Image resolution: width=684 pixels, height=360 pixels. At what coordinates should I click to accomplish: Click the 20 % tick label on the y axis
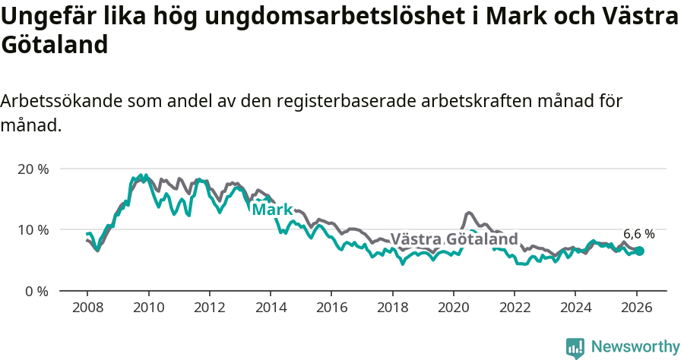pos(33,169)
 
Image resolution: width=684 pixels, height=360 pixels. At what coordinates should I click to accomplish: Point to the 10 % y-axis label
pos(33,230)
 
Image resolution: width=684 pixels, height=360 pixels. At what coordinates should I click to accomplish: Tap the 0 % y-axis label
pos(36,291)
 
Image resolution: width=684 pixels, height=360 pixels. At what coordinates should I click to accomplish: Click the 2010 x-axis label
pos(148,308)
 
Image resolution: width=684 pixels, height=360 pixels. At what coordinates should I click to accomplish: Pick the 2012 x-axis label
pos(209,308)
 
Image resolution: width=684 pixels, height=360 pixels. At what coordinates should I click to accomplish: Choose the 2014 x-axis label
pos(270,308)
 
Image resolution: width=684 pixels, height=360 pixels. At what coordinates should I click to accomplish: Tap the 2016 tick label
pos(331,308)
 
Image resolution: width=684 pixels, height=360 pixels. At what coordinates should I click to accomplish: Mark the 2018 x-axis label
pos(392,308)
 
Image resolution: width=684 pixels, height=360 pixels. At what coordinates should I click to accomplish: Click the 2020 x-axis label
pos(453,308)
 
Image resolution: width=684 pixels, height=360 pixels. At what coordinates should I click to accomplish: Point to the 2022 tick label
pos(514,308)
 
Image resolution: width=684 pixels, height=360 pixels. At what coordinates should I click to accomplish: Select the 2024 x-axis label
pos(575,308)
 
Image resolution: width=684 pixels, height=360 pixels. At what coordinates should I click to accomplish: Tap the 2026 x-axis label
pos(636,308)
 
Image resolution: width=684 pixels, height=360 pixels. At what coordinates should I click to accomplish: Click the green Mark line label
pos(272,209)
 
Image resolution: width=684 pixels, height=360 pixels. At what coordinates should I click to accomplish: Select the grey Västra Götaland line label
pos(454,239)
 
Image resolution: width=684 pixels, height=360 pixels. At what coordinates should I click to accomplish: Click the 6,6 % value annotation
pos(639,234)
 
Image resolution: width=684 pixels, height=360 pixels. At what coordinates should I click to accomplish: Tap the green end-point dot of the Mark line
pos(640,251)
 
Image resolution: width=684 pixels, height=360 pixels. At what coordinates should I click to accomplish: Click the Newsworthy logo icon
pos(575,348)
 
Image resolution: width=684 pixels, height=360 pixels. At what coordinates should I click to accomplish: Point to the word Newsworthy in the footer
pos(635,347)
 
